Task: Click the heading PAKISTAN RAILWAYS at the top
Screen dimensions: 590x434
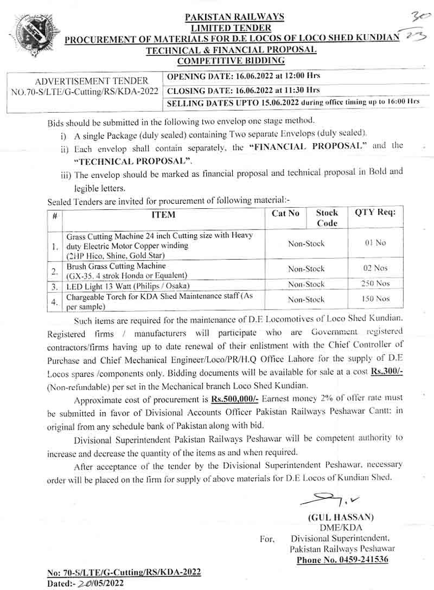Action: coord(234,17)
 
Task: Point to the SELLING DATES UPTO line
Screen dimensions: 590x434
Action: coord(293,101)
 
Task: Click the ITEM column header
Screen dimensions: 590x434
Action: coord(163,215)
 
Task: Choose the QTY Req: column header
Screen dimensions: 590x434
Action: coord(375,213)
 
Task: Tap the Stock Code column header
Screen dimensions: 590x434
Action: coord(327,217)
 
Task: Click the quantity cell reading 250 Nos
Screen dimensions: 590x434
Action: coord(375,284)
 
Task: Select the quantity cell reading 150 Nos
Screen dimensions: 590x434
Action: coord(375,299)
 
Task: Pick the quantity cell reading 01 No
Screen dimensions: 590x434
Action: coord(375,243)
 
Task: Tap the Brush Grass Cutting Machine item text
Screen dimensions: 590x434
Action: coord(116,266)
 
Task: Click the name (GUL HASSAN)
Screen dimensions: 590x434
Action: coord(341,517)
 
